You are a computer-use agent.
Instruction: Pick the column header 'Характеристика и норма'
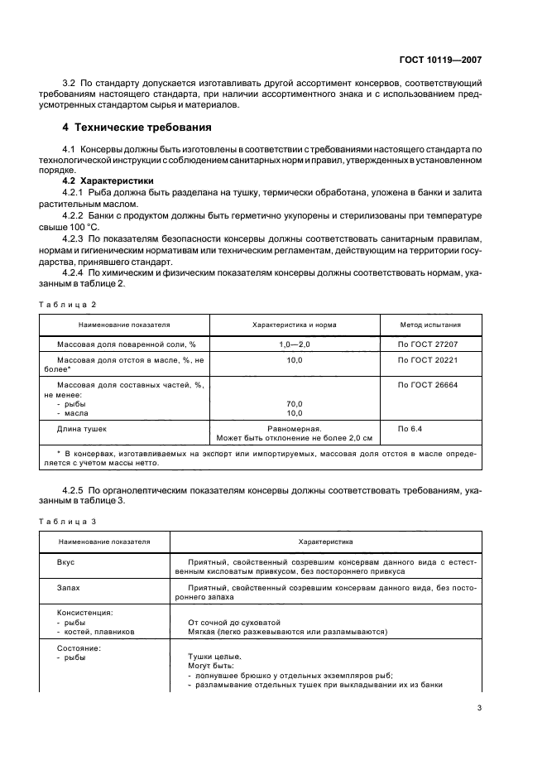coord(294,325)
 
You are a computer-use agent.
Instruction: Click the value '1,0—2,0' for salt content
coord(294,344)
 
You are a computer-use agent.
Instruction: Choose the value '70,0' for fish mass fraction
coord(294,403)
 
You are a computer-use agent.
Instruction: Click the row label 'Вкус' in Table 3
coord(65,561)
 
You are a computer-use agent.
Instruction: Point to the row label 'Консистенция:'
coord(84,613)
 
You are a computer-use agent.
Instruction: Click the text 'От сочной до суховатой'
coord(235,622)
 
